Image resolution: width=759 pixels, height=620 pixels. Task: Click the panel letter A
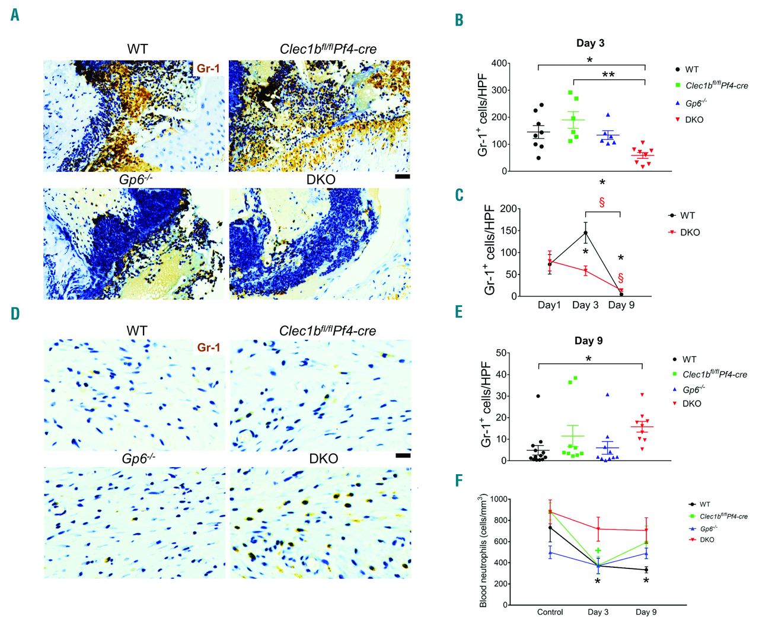(x=15, y=14)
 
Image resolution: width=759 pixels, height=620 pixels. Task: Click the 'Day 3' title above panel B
(x=590, y=43)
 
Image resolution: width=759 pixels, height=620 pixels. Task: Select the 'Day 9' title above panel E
(x=588, y=341)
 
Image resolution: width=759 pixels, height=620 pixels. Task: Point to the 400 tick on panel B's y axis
(x=499, y=63)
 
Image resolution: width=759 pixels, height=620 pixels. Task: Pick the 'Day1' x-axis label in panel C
(x=549, y=305)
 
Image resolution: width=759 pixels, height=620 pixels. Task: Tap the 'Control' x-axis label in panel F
(x=550, y=612)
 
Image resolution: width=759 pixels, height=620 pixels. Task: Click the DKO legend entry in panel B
(x=693, y=120)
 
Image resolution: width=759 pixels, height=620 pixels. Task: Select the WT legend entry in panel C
(x=687, y=216)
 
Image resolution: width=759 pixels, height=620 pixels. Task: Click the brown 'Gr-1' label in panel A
(x=209, y=69)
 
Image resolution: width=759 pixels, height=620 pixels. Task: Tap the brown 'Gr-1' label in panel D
(x=209, y=347)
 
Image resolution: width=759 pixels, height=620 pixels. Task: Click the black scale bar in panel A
(x=402, y=176)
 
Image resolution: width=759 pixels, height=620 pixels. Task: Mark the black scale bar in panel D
(x=403, y=455)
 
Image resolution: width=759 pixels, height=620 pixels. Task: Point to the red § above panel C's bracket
(x=602, y=202)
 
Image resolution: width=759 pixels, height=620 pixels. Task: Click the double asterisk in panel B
(x=608, y=75)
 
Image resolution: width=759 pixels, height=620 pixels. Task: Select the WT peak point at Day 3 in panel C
(x=586, y=232)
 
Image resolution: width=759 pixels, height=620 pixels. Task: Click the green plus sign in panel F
(x=598, y=551)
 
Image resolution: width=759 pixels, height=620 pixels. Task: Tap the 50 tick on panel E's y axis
(x=501, y=353)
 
